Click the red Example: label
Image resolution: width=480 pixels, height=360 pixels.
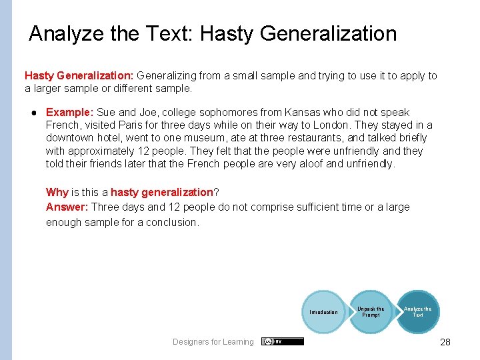click(70, 112)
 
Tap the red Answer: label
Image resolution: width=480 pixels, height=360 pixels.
click(67, 207)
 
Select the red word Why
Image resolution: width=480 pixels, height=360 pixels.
click(57, 192)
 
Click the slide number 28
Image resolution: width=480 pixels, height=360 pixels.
click(445, 342)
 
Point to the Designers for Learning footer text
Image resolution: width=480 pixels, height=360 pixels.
click(213, 342)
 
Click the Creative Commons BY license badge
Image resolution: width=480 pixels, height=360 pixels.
click(283, 341)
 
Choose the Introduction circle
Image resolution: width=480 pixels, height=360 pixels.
click(323, 312)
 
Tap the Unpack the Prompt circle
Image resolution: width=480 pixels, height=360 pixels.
click(371, 311)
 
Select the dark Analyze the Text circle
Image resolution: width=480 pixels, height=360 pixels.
click(417, 311)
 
